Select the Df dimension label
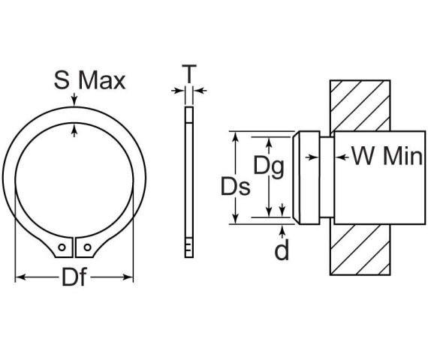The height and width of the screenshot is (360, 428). pos(74,278)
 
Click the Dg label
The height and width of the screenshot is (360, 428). pos(268,166)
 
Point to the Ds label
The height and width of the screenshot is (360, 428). pos(235,187)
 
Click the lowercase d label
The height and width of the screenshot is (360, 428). pos(282,251)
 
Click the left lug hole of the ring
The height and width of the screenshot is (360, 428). pos(61,247)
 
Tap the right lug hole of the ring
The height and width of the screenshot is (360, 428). pos(88,247)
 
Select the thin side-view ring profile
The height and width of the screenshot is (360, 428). pos(188,180)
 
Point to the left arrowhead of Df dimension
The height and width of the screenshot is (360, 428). pos(19,277)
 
